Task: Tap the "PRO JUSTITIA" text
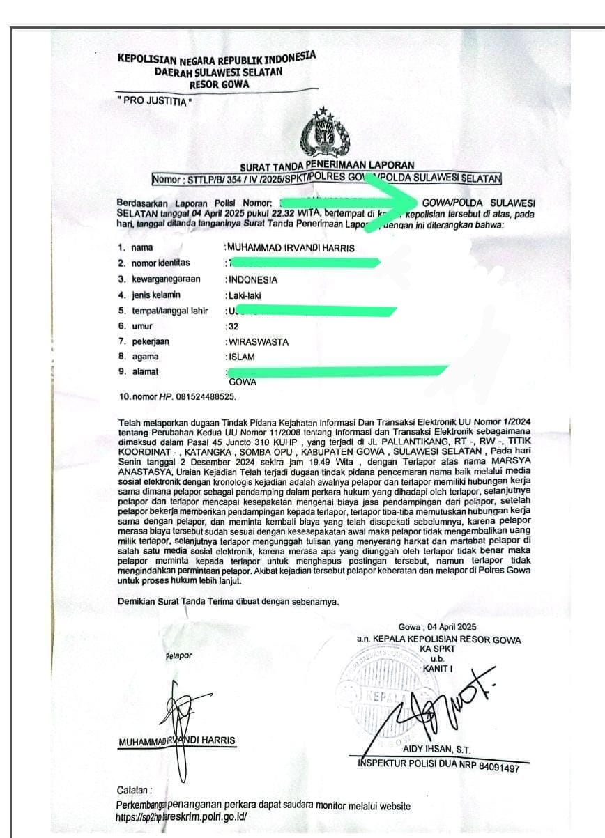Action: tap(155, 102)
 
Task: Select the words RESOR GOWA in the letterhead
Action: tap(219, 84)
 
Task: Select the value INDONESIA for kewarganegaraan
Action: tap(253, 280)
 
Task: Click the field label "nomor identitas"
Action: tap(160, 263)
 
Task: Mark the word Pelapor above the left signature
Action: tap(179, 655)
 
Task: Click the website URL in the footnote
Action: tap(181, 817)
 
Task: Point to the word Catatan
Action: tap(134, 791)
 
